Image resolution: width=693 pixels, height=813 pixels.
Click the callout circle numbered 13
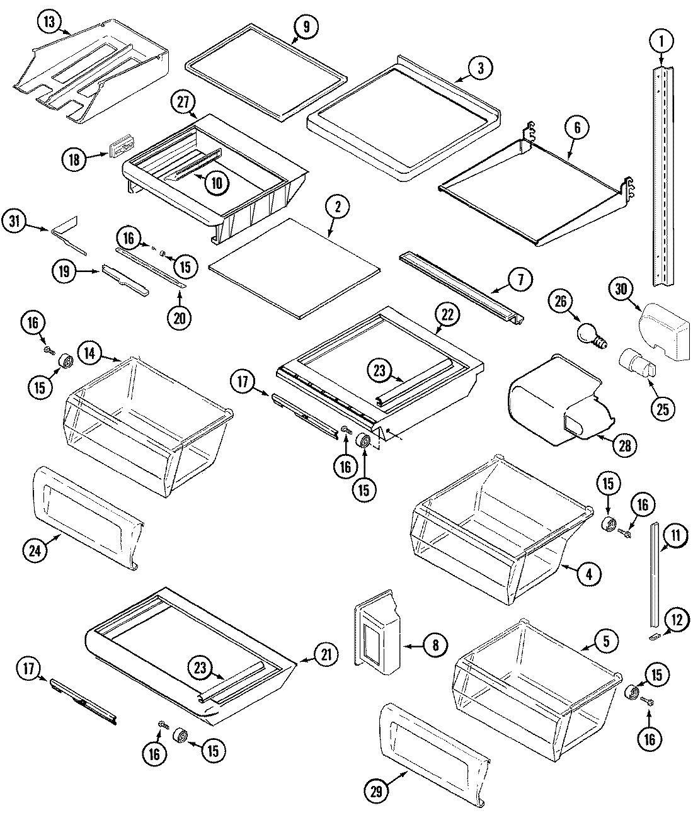(49, 23)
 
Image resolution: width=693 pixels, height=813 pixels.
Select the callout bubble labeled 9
(306, 27)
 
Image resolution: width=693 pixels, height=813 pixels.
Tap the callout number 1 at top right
(661, 42)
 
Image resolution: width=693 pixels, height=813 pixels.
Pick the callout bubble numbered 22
(447, 316)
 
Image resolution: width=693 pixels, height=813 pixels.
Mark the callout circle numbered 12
(676, 620)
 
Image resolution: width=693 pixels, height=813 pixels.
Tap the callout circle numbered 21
(326, 655)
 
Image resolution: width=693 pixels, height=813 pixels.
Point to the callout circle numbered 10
(217, 183)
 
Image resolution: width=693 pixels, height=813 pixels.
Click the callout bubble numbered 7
(520, 280)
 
